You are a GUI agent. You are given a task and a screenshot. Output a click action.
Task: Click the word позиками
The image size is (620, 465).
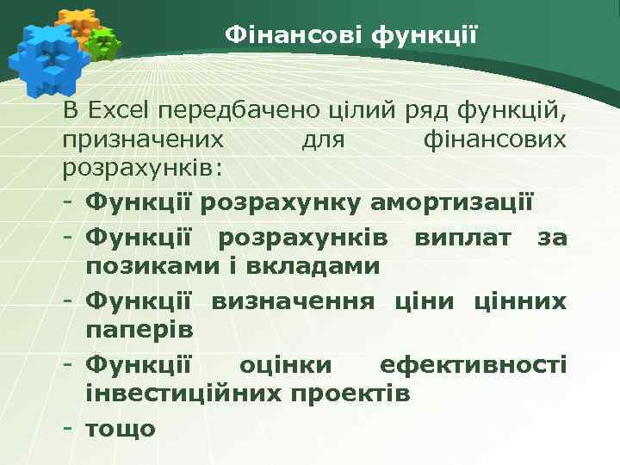139,266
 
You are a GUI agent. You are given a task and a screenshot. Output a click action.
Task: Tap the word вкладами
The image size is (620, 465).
307,266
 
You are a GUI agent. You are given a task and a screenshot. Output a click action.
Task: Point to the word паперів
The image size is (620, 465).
139,330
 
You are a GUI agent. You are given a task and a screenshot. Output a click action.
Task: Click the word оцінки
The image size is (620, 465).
284,364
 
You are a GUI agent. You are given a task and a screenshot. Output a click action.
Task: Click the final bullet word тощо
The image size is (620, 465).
121,428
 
